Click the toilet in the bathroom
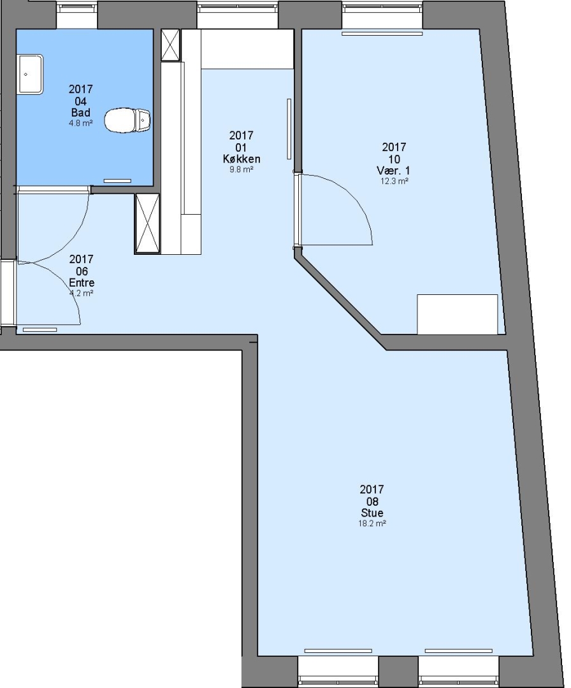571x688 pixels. [x=127, y=119]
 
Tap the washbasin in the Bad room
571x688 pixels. [x=31, y=74]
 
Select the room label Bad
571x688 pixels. [x=81, y=113]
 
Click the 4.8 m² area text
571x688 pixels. [x=81, y=124]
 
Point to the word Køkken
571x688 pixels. [x=242, y=159]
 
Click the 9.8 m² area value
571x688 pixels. [x=242, y=169]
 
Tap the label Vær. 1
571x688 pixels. [x=393, y=170]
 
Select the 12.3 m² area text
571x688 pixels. [x=394, y=181]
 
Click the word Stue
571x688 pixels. [x=372, y=512]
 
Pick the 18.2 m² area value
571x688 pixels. [x=372, y=523]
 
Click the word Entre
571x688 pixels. [x=82, y=283]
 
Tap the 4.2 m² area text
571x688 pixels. [x=82, y=293]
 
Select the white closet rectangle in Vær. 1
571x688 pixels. [x=458, y=314]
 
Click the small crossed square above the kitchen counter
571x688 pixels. [x=171, y=45]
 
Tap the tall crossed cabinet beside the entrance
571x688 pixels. [x=147, y=224]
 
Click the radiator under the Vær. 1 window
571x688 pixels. [x=382, y=33]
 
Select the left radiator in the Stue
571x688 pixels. [x=338, y=650]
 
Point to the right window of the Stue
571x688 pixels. [x=459, y=672]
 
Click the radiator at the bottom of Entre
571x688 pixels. [x=40, y=329]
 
